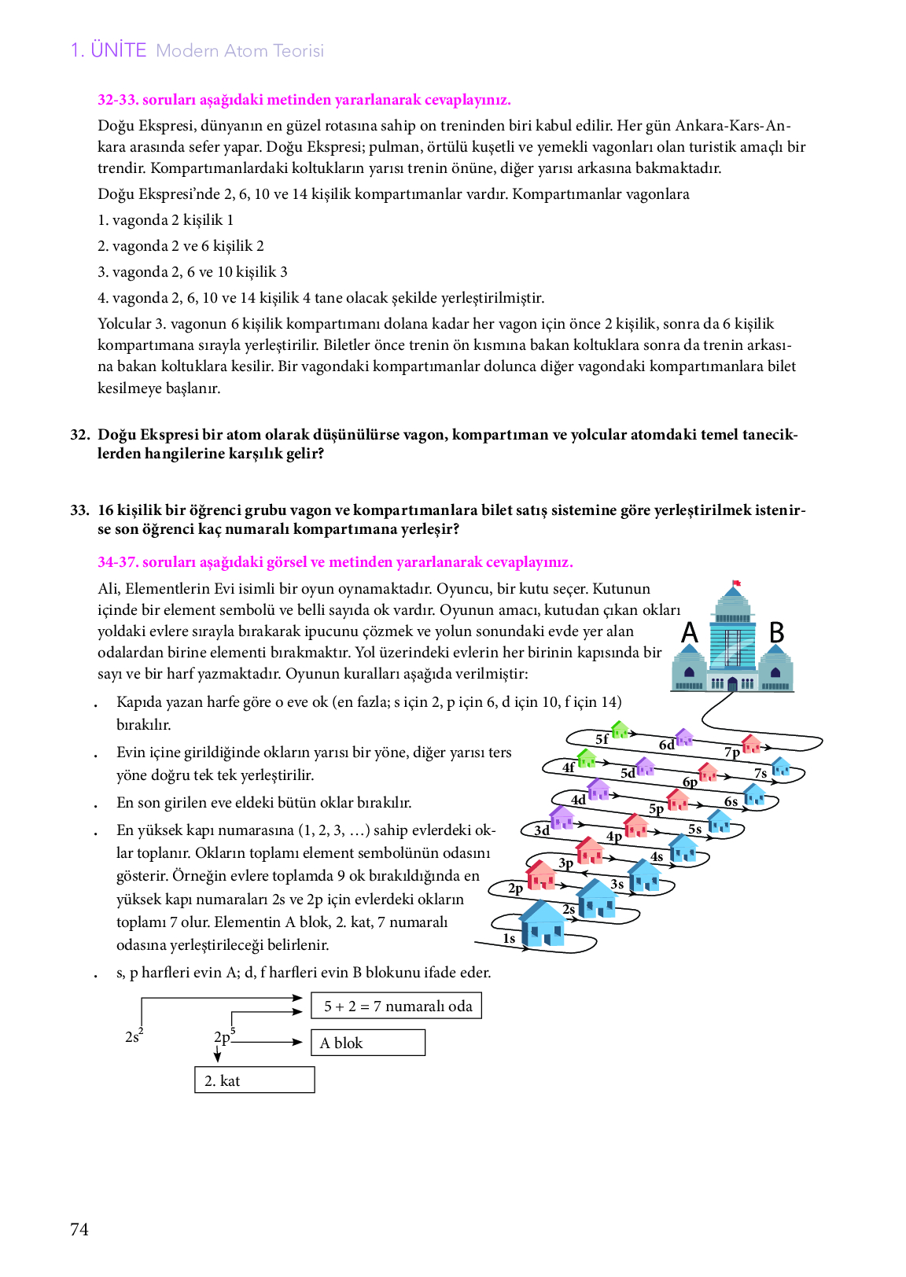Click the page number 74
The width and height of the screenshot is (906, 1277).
pyautogui.click(x=79, y=1229)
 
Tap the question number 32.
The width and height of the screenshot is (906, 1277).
pyautogui.click(x=79, y=435)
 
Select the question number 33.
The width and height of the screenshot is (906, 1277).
pyautogui.click(x=79, y=510)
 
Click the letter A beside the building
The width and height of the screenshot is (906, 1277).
pyautogui.click(x=690, y=632)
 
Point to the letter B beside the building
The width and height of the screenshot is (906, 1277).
pyautogui.click(x=776, y=632)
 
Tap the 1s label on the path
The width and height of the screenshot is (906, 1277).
pyautogui.click(x=509, y=938)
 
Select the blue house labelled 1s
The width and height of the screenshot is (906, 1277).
pyautogui.click(x=543, y=924)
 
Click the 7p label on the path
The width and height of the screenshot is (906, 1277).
pyautogui.click(x=731, y=752)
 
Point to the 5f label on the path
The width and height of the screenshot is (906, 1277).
pyautogui.click(x=602, y=739)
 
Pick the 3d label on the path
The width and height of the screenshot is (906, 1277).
pyautogui.click(x=542, y=830)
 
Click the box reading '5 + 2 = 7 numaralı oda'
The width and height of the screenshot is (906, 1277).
pyautogui.click(x=396, y=1006)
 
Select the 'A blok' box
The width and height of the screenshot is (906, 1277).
pyautogui.click(x=367, y=1043)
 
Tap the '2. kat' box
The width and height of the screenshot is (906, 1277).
pyautogui.click(x=254, y=1080)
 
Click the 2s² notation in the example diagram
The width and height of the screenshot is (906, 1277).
pyautogui.click(x=134, y=1036)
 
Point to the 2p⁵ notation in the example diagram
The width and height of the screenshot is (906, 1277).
pyautogui.click(x=224, y=1036)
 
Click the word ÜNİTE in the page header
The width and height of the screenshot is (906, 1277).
pyautogui.click(x=118, y=50)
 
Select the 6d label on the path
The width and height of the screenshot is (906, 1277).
pyautogui.click(x=666, y=745)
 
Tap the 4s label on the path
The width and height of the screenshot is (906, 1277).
pyautogui.click(x=657, y=856)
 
